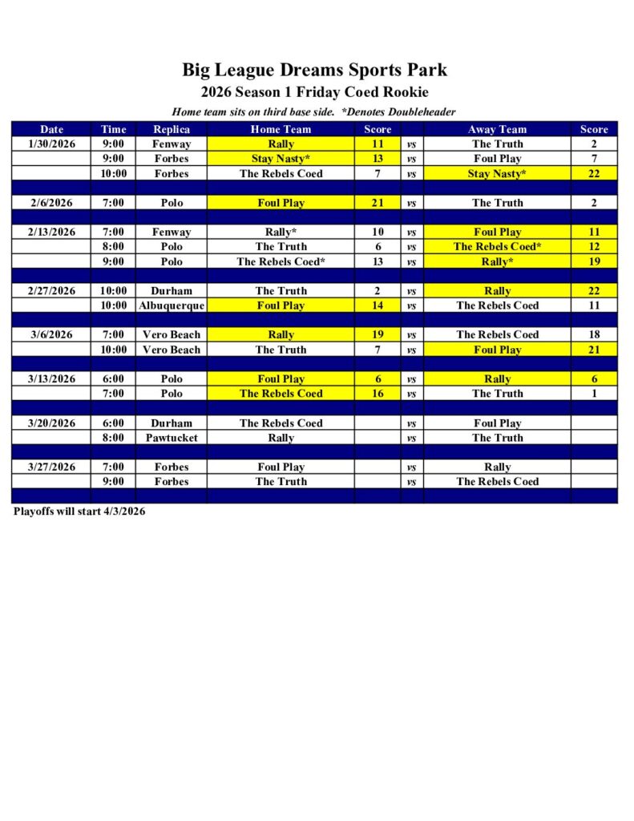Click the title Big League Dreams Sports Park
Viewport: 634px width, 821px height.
click(314, 70)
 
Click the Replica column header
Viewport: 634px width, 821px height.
click(172, 129)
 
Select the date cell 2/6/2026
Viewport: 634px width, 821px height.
click(52, 203)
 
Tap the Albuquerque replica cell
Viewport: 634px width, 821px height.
click(172, 305)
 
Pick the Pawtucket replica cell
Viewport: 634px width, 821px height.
click(172, 438)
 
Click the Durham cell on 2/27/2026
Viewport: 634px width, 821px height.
click(172, 291)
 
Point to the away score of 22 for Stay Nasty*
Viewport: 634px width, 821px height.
click(594, 173)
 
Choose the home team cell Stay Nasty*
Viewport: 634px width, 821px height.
click(281, 159)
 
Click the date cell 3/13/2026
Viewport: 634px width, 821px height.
click(52, 378)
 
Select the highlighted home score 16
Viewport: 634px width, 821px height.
click(378, 394)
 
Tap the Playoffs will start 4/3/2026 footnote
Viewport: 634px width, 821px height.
click(79, 512)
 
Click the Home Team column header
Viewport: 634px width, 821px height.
click(281, 129)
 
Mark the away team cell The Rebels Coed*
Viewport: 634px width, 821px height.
click(497, 247)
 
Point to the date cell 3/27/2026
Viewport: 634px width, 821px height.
click(52, 467)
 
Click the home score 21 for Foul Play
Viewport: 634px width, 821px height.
click(378, 203)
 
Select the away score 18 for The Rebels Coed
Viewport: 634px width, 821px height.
click(594, 335)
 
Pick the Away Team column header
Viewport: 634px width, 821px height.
click(497, 129)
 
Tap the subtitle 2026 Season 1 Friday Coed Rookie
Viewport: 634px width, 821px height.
click(314, 92)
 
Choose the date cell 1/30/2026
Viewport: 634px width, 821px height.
click(52, 144)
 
